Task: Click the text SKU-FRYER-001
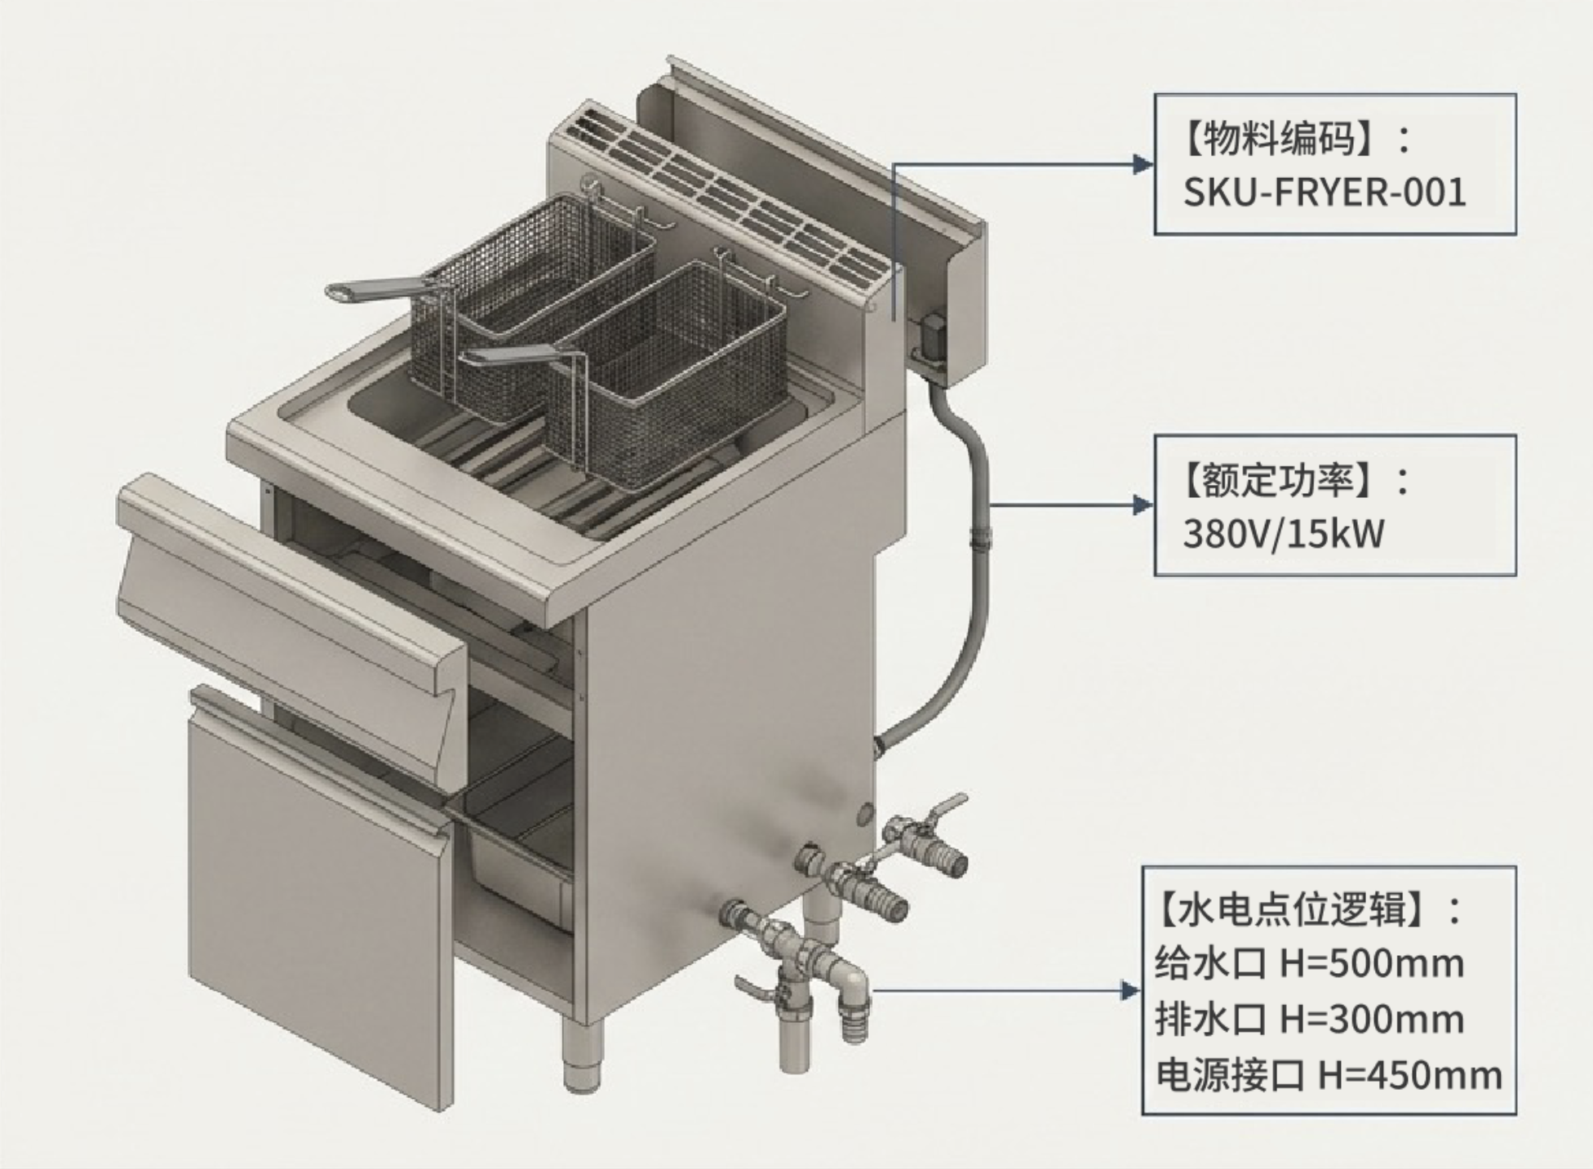1325,193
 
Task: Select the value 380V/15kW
1284,535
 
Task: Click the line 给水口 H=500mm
1309,964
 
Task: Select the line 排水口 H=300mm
1309,1020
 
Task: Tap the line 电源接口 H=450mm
1329,1075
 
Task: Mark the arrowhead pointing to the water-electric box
1129,991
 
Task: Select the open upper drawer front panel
286,596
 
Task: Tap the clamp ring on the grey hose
979,536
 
